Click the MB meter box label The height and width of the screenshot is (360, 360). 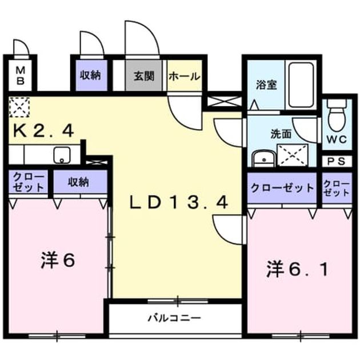pyautogui.click(x=20, y=75)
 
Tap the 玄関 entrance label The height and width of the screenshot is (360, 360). pyautogui.click(x=144, y=76)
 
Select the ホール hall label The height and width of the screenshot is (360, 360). pyautogui.click(x=185, y=77)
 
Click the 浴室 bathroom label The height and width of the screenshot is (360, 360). pyautogui.click(x=266, y=85)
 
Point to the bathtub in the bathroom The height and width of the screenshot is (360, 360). pyautogui.click(x=301, y=85)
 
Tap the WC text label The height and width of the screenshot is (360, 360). pyautogui.click(x=337, y=139)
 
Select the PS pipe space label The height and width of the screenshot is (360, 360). pyautogui.click(x=336, y=161)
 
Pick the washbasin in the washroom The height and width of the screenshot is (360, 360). pyautogui.click(x=263, y=158)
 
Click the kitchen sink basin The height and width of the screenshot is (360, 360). pyautogui.click(x=62, y=155)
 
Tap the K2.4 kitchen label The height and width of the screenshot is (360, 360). pyautogui.click(x=43, y=131)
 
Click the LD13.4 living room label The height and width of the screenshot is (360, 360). pyautogui.click(x=179, y=202)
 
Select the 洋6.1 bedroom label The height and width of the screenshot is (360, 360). pyautogui.click(x=298, y=270)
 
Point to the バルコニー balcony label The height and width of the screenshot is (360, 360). pyautogui.click(x=174, y=318)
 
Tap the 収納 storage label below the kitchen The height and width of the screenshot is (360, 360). pyautogui.click(x=78, y=182)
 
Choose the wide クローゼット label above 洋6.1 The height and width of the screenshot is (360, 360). pyautogui.click(x=282, y=188)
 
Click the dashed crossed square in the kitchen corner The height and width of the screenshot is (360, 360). pyautogui.click(x=19, y=106)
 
